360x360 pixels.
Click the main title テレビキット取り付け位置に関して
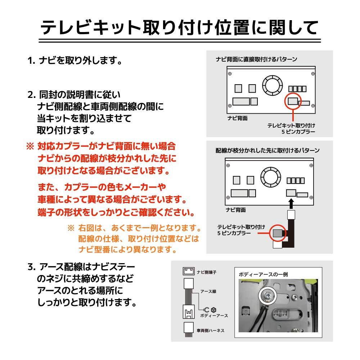(x=179, y=27)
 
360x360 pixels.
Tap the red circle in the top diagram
(x=293, y=101)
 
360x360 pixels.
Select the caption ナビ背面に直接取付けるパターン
(x=256, y=59)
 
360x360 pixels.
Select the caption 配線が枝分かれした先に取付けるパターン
(x=267, y=150)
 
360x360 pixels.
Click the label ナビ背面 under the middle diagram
(x=236, y=209)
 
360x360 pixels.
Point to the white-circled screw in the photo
(x=267, y=295)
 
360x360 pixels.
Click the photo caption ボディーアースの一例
(x=263, y=274)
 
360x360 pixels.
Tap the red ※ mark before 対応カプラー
(x=30, y=147)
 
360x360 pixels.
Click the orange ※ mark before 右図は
(x=71, y=228)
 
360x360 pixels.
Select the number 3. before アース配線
(x=31, y=267)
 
